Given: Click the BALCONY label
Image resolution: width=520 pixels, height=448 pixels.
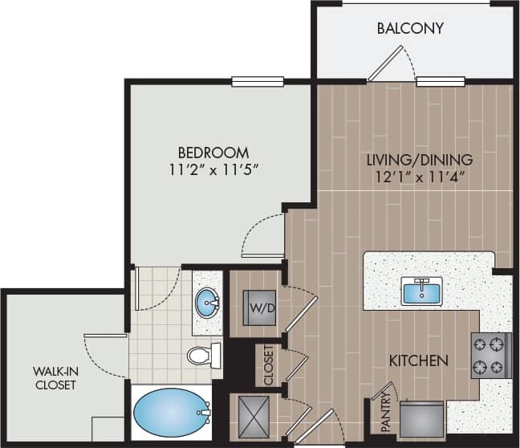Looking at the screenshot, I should click(410, 29).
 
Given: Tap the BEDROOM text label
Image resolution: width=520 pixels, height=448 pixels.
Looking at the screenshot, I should click(213, 152).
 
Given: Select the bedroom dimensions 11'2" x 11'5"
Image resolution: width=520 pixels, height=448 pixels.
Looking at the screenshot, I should click(213, 169).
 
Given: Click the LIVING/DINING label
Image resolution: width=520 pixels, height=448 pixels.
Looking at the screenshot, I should click(420, 159).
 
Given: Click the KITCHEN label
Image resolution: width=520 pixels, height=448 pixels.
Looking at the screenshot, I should click(418, 360).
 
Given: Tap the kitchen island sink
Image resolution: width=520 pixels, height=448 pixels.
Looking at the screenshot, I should click(422, 291).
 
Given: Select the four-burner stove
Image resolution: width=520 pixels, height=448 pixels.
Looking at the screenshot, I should click(490, 355).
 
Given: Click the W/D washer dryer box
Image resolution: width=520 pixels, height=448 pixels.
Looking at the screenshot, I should click(259, 307).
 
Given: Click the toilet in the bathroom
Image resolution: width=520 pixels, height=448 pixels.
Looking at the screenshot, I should click(204, 354).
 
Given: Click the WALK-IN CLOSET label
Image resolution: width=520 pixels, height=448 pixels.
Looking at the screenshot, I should click(55, 377).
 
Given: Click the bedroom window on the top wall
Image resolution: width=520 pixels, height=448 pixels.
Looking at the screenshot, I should click(258, 80).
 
